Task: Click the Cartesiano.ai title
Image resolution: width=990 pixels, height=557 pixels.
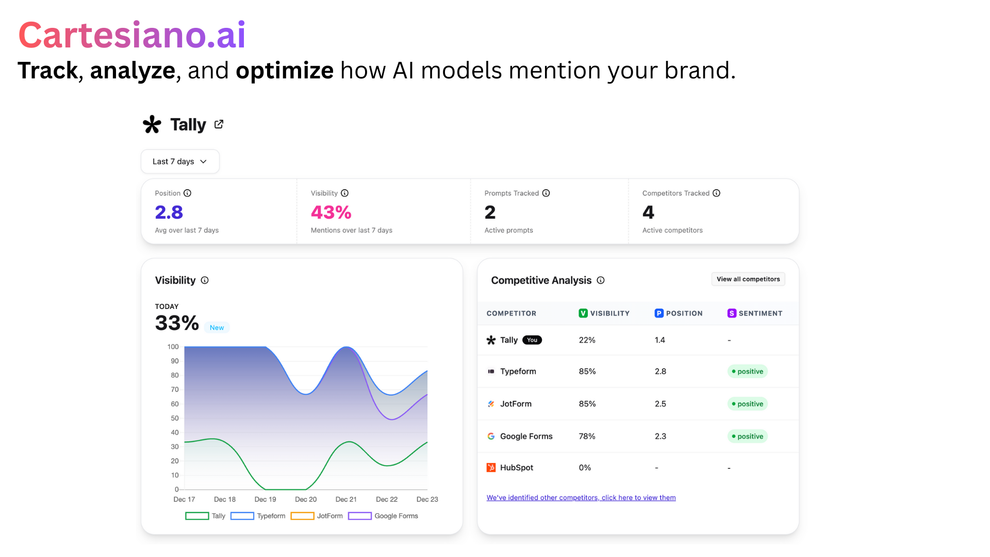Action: (132, 35)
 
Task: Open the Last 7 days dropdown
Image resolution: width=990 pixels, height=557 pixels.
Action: (180, 161)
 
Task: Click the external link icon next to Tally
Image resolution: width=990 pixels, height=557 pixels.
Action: (219, 124)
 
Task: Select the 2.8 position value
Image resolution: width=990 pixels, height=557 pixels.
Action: (169, 212)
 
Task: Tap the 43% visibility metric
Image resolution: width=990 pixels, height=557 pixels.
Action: (331, 212)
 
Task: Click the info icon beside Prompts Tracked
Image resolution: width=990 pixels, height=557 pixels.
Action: (546, 193)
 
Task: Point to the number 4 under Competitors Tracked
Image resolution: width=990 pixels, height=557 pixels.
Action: (648, 212)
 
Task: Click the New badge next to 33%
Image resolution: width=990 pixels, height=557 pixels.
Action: (217, 327)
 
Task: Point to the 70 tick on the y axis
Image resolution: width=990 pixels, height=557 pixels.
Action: (175, 389)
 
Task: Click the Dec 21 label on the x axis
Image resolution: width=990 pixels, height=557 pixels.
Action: (346, 499)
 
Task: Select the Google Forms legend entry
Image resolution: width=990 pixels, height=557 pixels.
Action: (384, 516)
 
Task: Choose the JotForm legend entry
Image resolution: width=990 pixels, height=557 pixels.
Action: (317, 516)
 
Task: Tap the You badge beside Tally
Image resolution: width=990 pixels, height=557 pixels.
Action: (532, 340)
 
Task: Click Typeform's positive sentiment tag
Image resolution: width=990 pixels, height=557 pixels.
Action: (748, 371)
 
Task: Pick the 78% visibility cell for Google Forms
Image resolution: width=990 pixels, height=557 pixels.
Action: (587, 436)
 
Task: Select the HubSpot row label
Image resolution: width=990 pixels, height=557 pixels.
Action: (516, 467)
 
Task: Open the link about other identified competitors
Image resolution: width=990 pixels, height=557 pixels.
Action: (581, 498)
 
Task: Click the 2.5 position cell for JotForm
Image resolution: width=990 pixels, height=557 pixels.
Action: (661, 404)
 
